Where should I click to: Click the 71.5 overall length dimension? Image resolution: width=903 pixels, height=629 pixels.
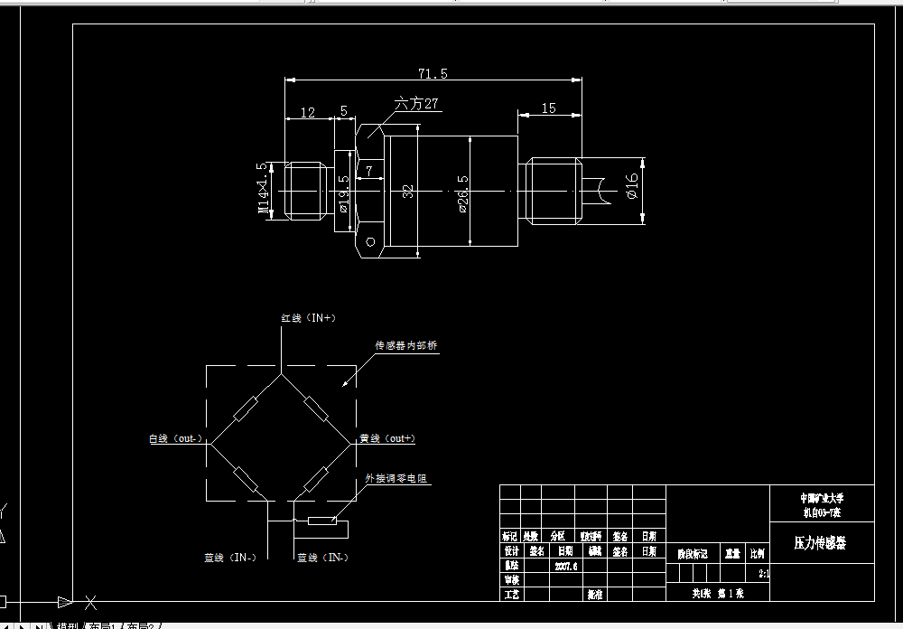point(433,73)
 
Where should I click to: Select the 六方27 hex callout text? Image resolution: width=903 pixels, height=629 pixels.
point(416,104)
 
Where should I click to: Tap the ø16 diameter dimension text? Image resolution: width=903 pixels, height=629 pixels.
point(632,187)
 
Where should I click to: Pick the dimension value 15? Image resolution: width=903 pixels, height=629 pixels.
point(548,108)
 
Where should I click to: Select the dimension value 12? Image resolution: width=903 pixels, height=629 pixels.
point(308,113)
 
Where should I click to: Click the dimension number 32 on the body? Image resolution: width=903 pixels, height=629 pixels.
point(408,191)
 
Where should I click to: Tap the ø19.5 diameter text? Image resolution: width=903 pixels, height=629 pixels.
point(343,192)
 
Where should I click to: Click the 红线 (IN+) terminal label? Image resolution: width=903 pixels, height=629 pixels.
point(308,318)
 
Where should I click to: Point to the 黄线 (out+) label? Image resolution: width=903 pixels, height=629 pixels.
point(387,438)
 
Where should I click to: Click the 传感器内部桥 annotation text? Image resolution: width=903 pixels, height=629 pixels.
point(406,346)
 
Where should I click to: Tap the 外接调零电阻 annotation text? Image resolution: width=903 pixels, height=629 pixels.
point(398,478)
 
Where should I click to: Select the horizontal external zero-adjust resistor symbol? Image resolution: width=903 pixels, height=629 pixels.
point(322,521)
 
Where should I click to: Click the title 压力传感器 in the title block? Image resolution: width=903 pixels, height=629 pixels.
point(820,543)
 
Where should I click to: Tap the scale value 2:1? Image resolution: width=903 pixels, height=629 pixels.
point(764,573)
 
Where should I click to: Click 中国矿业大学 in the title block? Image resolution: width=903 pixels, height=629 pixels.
point(822,498)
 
